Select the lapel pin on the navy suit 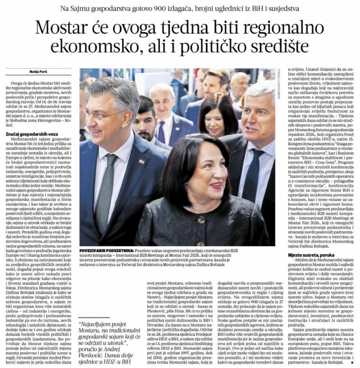(x=142, y=162)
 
